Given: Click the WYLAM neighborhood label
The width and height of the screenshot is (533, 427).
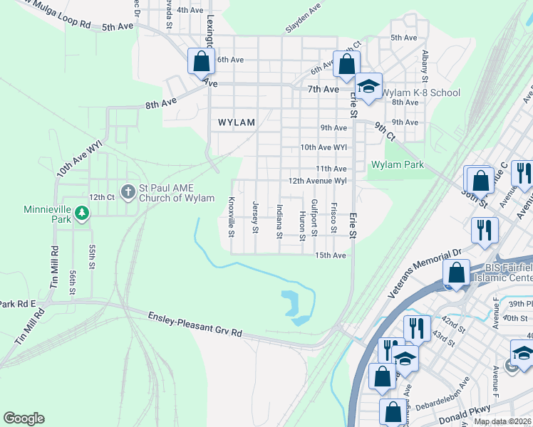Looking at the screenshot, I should (x=236, y=122).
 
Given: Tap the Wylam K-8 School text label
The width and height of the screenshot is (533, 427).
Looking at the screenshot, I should (x=421, y=93).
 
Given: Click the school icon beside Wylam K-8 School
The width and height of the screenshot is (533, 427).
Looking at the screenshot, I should (x=368, y=87).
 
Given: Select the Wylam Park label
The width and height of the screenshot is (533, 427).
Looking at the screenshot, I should (x=398, y=165).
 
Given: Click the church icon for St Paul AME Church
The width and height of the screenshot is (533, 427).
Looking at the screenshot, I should (x=128, y=191).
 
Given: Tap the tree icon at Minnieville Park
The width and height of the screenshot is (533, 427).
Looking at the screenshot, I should (x=83, y=212).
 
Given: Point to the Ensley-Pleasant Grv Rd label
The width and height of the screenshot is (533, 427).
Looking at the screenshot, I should (x=195, y=325).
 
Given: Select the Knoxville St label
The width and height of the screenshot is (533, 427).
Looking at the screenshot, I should (x=231, y=217).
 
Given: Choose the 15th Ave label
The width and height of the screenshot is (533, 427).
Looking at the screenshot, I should (x=331, y=255).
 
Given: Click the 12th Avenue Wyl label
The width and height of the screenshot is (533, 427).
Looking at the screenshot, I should (x=317, y=181).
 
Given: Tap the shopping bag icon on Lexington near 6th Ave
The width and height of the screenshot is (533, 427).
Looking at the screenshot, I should (x=201, y=61).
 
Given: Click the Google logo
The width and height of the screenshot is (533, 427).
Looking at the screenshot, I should (x=24, y=418).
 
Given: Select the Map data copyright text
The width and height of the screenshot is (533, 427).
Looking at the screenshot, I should (x=503, y=421).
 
